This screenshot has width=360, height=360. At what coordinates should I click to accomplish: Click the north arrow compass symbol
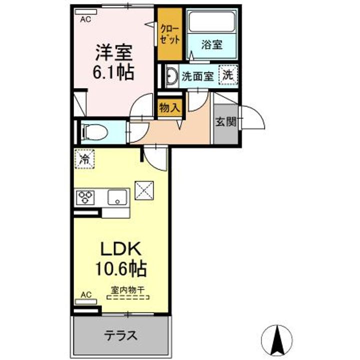[277, 340]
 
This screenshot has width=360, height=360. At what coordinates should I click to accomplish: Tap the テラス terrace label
[121, 335]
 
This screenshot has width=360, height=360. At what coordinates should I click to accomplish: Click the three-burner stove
[85, 197]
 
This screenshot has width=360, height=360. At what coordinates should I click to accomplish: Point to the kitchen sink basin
[117, 197]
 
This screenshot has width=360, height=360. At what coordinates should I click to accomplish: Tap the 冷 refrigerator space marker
[84, 159]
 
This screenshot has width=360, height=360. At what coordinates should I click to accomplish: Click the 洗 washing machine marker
[228, 74]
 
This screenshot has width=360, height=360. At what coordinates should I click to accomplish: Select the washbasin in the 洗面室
[171, 76]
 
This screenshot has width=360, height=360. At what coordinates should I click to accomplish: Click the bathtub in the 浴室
[212, 21]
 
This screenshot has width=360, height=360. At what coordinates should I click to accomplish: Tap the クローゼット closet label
[170, 34]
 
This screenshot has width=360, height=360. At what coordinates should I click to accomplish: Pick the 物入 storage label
[169, 107]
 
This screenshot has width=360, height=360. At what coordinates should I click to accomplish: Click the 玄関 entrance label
[226, 121]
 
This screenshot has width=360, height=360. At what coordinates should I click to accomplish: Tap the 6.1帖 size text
[113, 72]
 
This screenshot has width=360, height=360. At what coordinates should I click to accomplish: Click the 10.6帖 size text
[121, 268]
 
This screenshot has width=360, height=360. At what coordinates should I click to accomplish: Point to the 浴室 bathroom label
[212, 44]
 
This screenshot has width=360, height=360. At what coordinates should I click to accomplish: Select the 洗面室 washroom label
[198, 76]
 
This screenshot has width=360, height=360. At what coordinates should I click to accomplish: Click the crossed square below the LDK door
[144, 190]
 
